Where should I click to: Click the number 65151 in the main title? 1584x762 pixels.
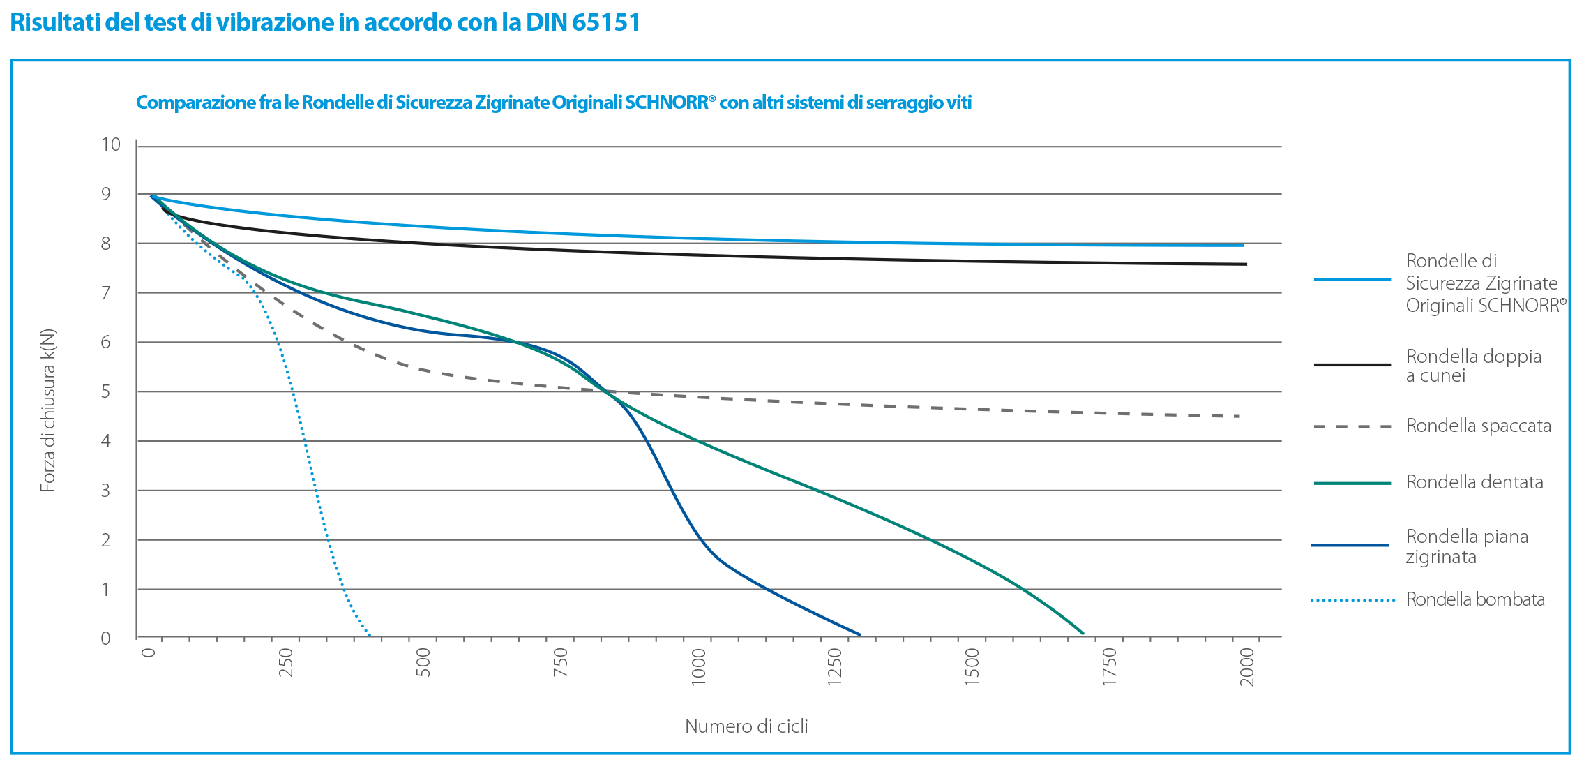pyautogui.click(x=605, y=23)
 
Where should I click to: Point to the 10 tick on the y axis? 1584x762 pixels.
pyautogui.click(x=111, y=144)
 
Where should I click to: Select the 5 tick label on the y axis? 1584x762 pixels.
pyautogui.click(x=106, y=391)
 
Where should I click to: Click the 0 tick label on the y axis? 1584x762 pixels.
pyautogui.click(x=106, y=638)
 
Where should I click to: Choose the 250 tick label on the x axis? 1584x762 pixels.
pyautogui.click(x=286, y=662)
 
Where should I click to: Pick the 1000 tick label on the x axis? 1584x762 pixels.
pyautogui.click(x=698, y=666)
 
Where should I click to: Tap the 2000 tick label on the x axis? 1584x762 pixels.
pyautogui.click(x=1247, y=666)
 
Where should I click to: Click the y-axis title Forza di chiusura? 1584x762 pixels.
pyautogui.click(x=47, y=410)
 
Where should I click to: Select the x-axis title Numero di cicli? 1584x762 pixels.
pyautogui.click(x=746, y=726)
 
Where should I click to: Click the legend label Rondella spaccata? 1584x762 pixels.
pyautogui.click(x=1478, y=426)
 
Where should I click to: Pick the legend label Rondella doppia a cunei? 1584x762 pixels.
pyautogui.click(x=1473, y=366)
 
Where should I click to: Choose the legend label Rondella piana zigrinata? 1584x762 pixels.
pyautogui.click(x=1466, y=546)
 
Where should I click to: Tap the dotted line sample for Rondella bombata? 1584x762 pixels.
pyautogui.click(x=1352, y=600)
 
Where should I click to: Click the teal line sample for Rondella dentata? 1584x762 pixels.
pyautogui.click(x=1352, y=483)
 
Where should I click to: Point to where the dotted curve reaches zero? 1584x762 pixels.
pyautogui.click(x=370, y=635)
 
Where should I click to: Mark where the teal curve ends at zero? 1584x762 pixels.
pyautogui.click(x=1083, y=634)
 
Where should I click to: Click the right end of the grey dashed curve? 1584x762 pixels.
pyautogui.click(x=1240, y=417)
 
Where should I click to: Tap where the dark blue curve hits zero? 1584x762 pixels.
pyautogui.click(x=860, y=634)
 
